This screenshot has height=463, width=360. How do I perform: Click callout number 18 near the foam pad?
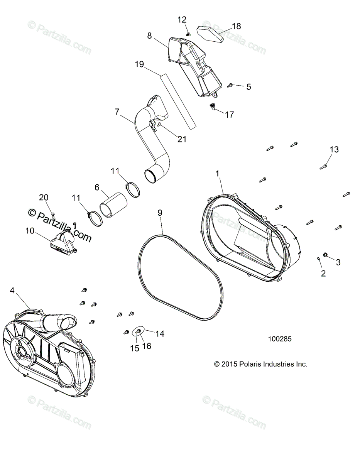point(236,26)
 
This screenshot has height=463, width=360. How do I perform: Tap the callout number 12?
point(182,20)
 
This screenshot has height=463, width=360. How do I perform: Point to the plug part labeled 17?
point(212,106)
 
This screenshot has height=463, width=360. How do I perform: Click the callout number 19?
point(139,64)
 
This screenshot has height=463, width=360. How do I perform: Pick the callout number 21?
point(181,139)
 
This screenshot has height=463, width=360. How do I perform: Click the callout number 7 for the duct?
point(117,112)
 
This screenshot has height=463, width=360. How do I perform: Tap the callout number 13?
point(334,150)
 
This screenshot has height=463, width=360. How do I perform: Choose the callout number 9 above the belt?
point(160,213)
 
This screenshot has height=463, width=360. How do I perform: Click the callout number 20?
point(44,197)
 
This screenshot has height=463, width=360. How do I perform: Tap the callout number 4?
point(12,291)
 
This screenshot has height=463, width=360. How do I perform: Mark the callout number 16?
point(147,346)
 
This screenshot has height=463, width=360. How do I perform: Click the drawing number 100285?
point(280,339)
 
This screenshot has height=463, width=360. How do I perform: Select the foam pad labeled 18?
point(210,33)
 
